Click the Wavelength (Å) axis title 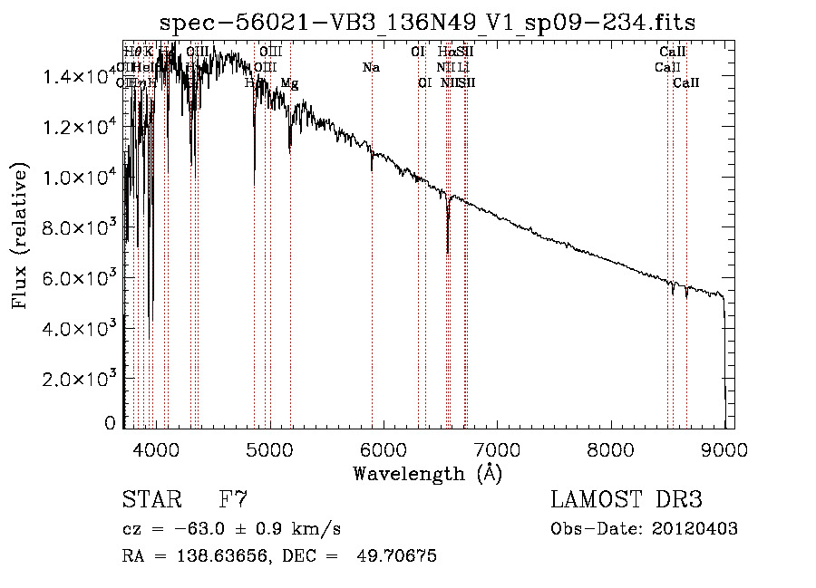pos(427,473)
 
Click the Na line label pos(370,68)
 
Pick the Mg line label pos(289,83)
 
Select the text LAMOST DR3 pos(627,499)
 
